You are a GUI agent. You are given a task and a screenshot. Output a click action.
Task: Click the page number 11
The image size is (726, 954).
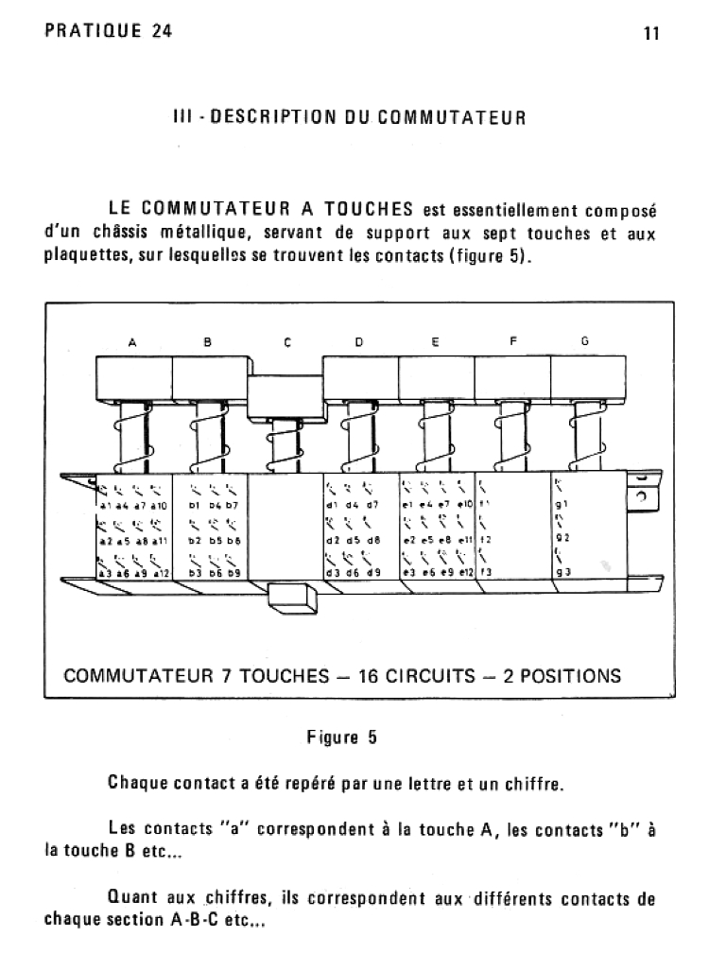[x=651, y=33]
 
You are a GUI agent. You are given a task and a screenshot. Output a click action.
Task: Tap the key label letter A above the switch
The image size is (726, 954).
[x=132, y=343]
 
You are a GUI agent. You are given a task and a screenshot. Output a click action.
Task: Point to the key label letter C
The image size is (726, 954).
[x=285, y=343]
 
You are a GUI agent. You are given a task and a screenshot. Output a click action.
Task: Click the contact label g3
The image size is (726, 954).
[x=562, y=573]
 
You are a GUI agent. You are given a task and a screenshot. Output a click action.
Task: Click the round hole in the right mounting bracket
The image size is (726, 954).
[x=641, y=497]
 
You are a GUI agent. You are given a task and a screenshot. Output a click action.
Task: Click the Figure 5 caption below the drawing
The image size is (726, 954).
[x=341, y=738]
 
